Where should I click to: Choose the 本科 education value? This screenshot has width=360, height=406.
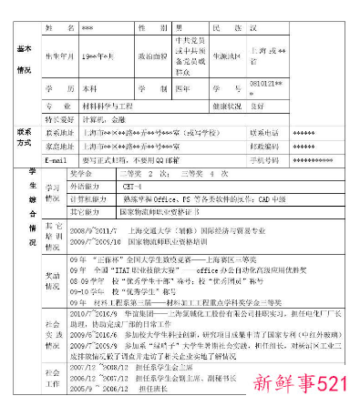click(91, 89)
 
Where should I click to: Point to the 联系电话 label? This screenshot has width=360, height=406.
click(266, 133)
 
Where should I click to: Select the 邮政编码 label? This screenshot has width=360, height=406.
click(266, 146)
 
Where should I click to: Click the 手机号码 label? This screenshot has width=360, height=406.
click(266, 159)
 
